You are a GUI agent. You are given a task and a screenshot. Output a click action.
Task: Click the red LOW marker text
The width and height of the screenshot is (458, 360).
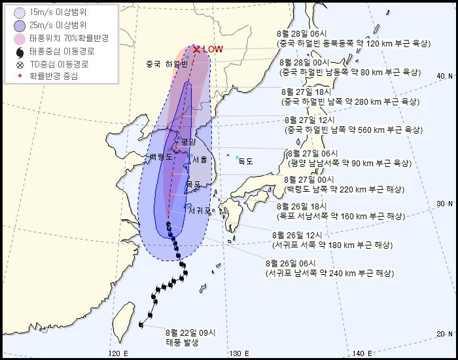click(x=213, y=49)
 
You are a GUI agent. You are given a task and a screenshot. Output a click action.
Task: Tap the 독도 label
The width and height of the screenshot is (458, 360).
click(x=245, y=161)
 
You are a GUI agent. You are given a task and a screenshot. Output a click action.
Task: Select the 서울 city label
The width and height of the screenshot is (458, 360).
click(x=200, y=160)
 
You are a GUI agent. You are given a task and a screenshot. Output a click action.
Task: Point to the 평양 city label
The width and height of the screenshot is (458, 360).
click(x=188, y=141)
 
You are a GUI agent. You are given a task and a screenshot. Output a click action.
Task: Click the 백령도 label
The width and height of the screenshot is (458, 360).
click(x=161, y=157)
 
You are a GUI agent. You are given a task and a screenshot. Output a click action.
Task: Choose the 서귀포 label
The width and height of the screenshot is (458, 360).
click(x=200, y=211)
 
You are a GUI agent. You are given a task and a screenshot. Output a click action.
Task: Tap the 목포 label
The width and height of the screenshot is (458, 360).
click(x=193, y=185)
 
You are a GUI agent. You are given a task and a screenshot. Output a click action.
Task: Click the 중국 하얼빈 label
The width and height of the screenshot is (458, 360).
click(x=167, y=64)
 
